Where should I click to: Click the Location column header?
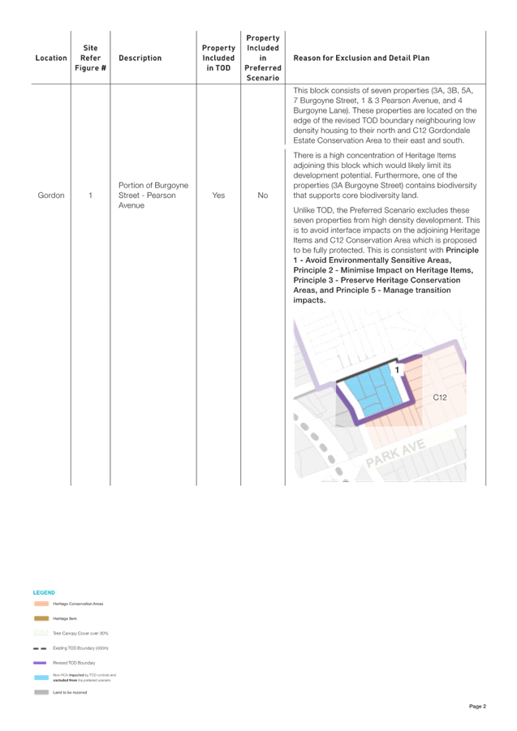[x=51, y=58]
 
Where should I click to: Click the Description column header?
[x=140, y=58]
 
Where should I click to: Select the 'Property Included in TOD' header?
[x=218, y=58]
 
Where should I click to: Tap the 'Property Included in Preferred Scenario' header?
[x=263, y=58]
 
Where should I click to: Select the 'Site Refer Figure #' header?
[x=90, y=58]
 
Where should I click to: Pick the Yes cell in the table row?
[x=218, y=195]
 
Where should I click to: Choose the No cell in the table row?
[x=263, y=195]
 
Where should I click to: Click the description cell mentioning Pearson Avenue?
[x=153, y=195]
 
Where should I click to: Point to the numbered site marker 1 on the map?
[x=397, y=370]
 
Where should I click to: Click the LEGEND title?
[x=44, y=592]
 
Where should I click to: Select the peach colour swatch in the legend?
[x=41, y=604]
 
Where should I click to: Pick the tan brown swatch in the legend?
[x=41, y=618]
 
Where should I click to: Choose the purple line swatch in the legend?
[x=41, y=663]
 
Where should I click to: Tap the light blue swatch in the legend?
[x=41, y=677]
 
